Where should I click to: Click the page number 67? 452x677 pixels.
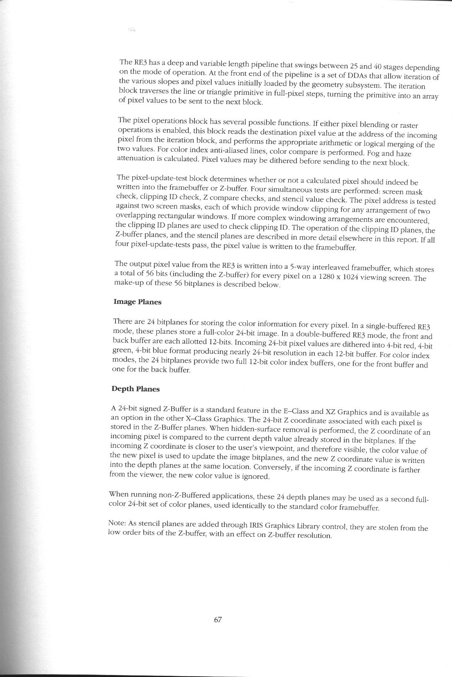218,620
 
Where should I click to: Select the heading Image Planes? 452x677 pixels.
138,302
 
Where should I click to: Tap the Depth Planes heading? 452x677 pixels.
136,389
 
